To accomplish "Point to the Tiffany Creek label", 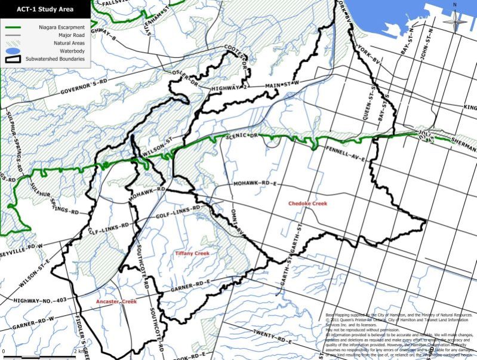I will pyautogui.click(x=192, y=254).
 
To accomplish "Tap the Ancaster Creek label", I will pyautogui.click(x=116, y=302).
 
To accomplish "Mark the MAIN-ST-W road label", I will pyautogui.click(x=280, y=83).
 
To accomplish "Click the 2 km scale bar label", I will pyautogui.click(x=79, y=350).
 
